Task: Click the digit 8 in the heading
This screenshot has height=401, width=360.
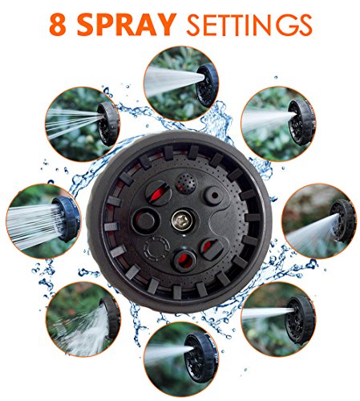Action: click(58, 25)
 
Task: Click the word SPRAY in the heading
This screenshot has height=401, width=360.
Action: click(127, 25)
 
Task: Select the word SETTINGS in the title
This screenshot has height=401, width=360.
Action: click(249, 25)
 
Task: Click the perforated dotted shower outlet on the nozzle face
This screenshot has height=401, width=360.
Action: click(186, 184)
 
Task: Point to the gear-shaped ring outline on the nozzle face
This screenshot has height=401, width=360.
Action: click(156, 248)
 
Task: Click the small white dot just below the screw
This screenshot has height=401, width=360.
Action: click(184, 236)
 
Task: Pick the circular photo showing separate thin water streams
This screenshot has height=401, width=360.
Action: click(83, 124)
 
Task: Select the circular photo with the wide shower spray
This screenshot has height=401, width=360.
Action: click(43, 221)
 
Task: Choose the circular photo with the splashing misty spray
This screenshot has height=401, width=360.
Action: click(83, 319)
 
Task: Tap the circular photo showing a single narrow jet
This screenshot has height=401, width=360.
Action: click(278, 319)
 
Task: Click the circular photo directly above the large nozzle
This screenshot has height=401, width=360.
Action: click(181, 83)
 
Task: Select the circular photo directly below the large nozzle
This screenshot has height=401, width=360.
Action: click(181, 359)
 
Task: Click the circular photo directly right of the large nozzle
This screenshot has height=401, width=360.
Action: click(319, 221)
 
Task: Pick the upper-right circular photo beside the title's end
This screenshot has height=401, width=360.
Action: click(278, 124)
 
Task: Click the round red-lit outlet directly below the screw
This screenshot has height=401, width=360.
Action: click(184, 260)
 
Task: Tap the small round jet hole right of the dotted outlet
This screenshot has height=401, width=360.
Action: click(213, 196)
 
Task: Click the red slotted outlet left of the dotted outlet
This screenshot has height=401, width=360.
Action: click(158, 193)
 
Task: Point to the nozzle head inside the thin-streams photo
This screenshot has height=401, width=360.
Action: click(109, 124)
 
